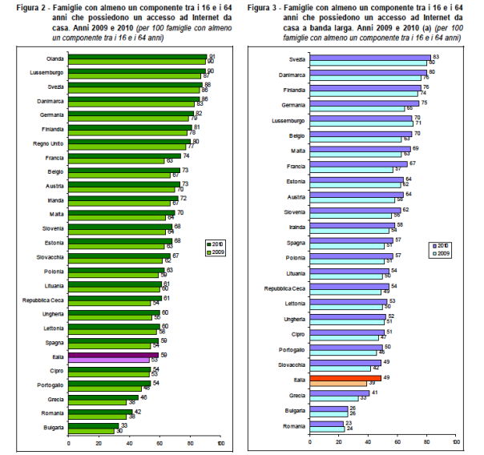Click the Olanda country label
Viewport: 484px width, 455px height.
(x=54, y=58)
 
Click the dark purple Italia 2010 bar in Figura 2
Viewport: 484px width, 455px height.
(x=113, y=355)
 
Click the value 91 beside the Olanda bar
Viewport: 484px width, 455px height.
(x=212, y=56)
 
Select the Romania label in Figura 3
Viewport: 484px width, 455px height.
(x=294, y=425)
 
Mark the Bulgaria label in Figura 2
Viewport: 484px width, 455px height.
(x=53, y=429)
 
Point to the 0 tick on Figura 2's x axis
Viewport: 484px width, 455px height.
(x=69, y=442)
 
